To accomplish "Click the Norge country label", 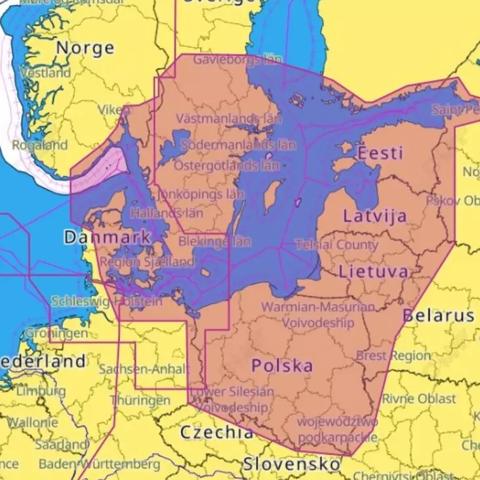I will pyautogui.click(x=85, y=48).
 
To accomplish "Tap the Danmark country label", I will pyautogui.click(x=108, y=237).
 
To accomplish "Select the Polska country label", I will pyautogui.click(x=283, y=366).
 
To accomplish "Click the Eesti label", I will pyautogui.click(x=380, y=153).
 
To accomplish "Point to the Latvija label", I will pyautogui.click(x=374, y=215).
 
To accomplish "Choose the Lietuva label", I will pyautogui.click(x=373, y=271).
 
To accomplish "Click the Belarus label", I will pyautogui.click(x=438, y=315).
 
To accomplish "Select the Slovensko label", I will pyautogui.click(x=291, y=464).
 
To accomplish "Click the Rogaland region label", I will pyautogui.click(x=40, y=145).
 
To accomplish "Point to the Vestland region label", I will pyautogui.click(x=45, y=73).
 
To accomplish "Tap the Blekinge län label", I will pyautogui.click(x=214, y=241).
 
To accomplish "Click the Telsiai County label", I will pyautogui.click(x=336, y=245).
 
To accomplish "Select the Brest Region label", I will pyautogui.click(x=393, y=356).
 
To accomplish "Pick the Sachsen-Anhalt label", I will pyautogui.click(x=144, y=369).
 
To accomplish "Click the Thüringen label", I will pyautogui.click(x=140, y=400).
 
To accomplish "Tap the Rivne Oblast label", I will pyautogui.click(x=419, y=399).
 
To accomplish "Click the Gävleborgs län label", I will pyautogui.click(x=237, y=60).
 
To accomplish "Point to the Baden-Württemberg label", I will pyautogui.click(x=99, y=464).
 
